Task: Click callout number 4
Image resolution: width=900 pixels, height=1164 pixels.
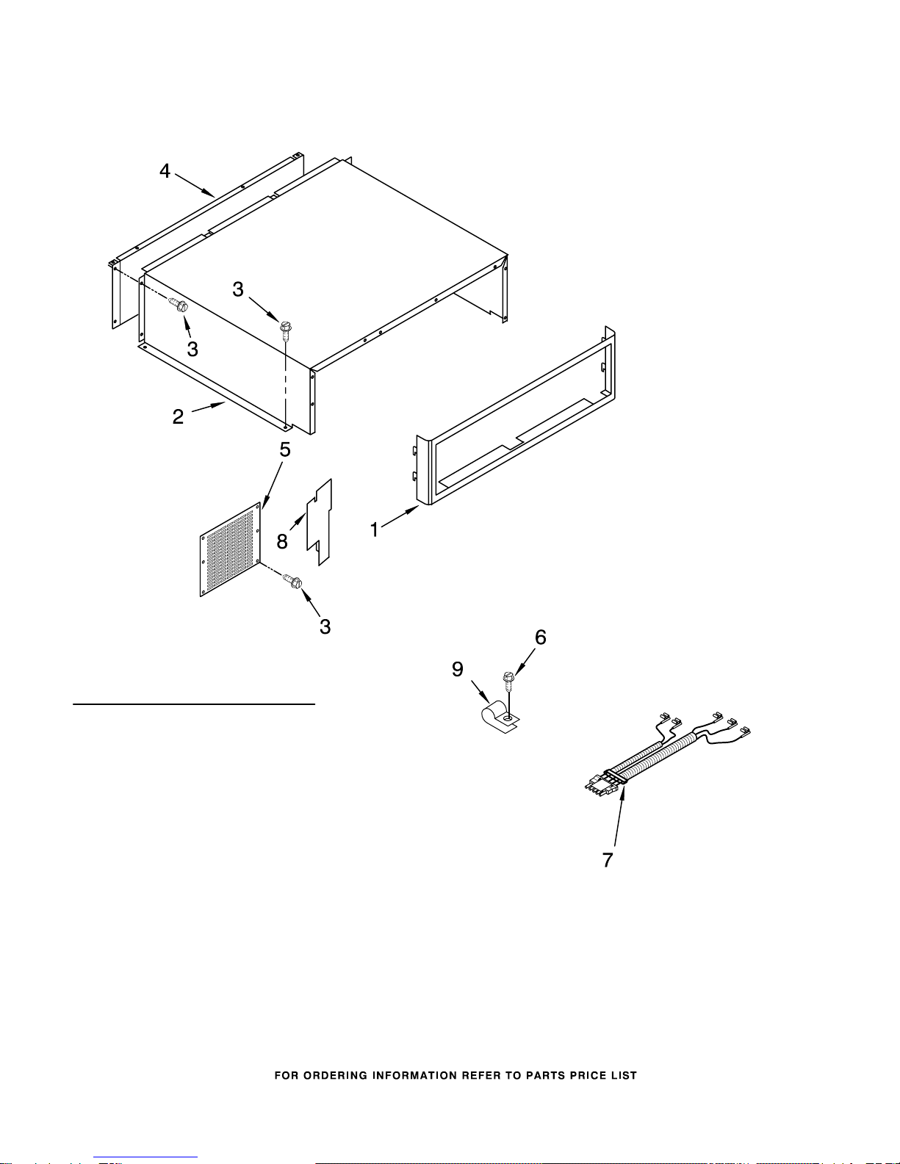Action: click(x=165, y=171)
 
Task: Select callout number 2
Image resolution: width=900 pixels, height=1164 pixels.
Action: click(x=178, y=416)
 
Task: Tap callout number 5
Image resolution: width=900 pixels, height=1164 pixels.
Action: click(x=285, y=449)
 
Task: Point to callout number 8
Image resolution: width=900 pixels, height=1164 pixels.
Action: click(x=282, y=541)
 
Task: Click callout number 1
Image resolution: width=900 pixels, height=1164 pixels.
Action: click(x=375, y=530)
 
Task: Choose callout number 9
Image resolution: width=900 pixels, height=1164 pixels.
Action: click(x=458, y=669)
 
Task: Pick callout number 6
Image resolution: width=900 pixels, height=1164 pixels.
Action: click(x=541, y=637)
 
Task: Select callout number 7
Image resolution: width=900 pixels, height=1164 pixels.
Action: click(x=608, y=860)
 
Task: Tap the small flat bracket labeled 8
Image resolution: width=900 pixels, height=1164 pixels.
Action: click(x=320, y=521)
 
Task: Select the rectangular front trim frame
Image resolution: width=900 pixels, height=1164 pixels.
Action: click(x=515, y=416)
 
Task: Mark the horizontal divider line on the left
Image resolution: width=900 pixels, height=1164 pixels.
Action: click(x=194, y=704)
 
